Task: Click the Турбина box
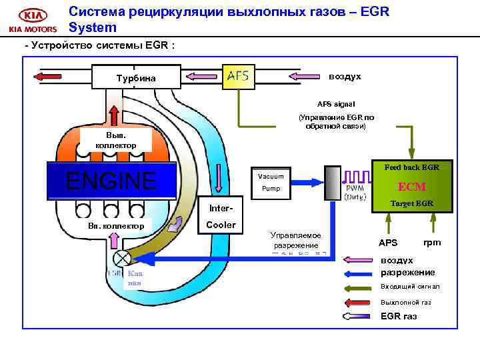[136, 77]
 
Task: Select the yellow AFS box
[238, 76]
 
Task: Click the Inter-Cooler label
[221, 217]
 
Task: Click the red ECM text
[411, 187]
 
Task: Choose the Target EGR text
[411, 203]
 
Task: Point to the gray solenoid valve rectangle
[331, 182]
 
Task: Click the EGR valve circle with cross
[122, 258]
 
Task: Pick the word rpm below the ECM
[431, 242]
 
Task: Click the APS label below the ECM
[387, 242]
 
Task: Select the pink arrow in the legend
[359, 260]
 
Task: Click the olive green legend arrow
[359, 287]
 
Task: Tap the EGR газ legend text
[398, 316]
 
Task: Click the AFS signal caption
[336, 104]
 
